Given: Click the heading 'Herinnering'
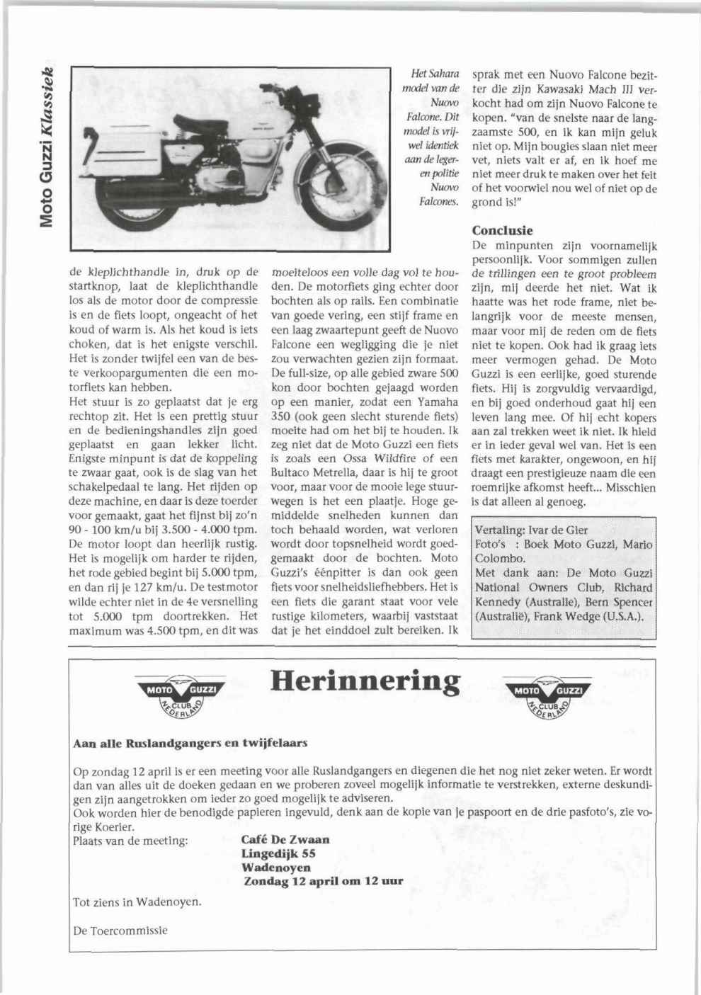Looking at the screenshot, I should [365, 681].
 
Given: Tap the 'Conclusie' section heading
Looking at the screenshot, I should [502, 231].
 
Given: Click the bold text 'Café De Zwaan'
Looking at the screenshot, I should [285, 840].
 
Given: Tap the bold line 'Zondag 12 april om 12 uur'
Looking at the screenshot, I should [324, 882].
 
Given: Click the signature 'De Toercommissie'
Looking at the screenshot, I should [120, 930].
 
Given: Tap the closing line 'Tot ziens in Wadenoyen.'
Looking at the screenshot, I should [137, 902].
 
